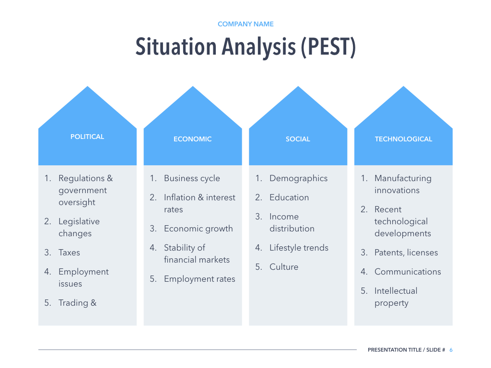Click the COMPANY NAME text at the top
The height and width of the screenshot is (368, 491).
[245, 24]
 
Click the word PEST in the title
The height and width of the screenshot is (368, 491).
[328, 47]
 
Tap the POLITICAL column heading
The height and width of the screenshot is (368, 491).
[87, 137]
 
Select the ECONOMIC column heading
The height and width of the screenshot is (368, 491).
[192, 139]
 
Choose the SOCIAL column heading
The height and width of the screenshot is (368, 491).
[298, 139]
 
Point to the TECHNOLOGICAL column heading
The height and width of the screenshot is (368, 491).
[403, 139]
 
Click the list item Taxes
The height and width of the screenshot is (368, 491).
[69, 253]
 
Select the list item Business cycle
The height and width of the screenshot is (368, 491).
[192, 178]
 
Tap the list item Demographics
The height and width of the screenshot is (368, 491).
[298, 178]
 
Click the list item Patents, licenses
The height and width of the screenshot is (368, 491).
[406, 253]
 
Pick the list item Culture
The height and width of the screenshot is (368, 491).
[284, 267]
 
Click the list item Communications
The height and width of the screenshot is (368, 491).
[408, 272]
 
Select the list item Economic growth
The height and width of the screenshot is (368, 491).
[198, 229]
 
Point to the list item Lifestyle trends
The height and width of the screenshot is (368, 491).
[299, 248]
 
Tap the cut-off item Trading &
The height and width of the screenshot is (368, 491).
[77, 303]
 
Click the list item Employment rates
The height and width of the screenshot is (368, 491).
[199, 279]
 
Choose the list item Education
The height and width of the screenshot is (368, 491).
[289, 197]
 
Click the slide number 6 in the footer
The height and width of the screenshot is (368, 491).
[451, 350]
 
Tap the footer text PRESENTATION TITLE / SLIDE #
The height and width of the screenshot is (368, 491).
[406, 350]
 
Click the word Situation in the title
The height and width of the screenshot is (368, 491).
[175, 47]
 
